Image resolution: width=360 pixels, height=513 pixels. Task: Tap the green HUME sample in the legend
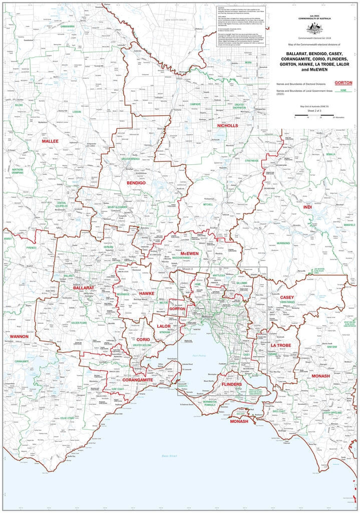343,91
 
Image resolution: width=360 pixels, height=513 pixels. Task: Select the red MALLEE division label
50,141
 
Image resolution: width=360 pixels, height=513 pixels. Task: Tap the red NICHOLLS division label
227,125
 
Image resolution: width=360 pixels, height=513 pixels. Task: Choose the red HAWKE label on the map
147,293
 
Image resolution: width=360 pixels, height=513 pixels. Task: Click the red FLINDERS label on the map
232,384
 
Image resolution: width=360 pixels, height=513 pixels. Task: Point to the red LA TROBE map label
281,346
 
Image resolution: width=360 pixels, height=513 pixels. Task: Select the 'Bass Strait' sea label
170,455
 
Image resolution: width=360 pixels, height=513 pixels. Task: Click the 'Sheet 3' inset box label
187,270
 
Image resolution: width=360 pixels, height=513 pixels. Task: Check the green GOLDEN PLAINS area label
79,323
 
